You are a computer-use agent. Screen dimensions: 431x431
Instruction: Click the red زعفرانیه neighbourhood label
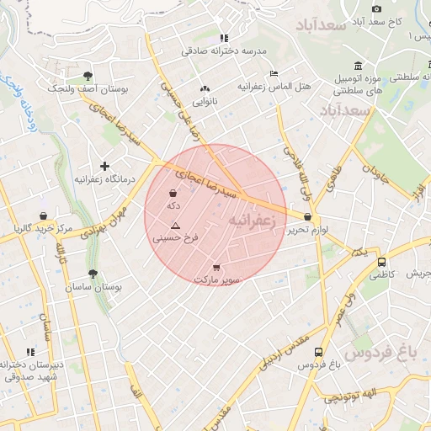click(x=252, y=220)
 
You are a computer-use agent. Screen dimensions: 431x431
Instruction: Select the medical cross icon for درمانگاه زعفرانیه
click(x=104, y=166)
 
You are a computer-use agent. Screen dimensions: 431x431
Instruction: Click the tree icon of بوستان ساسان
click(x=92, y=274)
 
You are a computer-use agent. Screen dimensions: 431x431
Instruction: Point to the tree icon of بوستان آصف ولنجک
click(x=88, y=76)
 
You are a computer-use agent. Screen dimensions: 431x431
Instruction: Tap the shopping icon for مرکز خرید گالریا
click(x=43, y=216)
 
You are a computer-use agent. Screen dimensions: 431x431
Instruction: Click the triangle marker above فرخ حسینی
click(x=175, y=226)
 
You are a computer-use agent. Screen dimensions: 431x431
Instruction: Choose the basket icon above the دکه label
click(x=173, y=193)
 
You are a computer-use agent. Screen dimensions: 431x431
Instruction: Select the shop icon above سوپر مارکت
click(x=217, y=267)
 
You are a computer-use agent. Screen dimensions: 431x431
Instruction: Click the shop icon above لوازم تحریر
click(x=307, y=216)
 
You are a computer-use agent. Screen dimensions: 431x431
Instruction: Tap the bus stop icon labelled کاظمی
click(x=382, y=262)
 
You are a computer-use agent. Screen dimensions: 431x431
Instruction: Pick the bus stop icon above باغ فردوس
click(x=318, y=352)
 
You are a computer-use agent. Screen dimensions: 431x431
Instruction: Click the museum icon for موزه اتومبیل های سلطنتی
click(x=359, y=67)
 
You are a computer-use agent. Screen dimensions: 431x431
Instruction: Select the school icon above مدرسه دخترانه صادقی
click(x=223, y=38)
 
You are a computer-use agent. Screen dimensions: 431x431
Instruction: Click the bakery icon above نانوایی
click(x=205, y=89)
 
